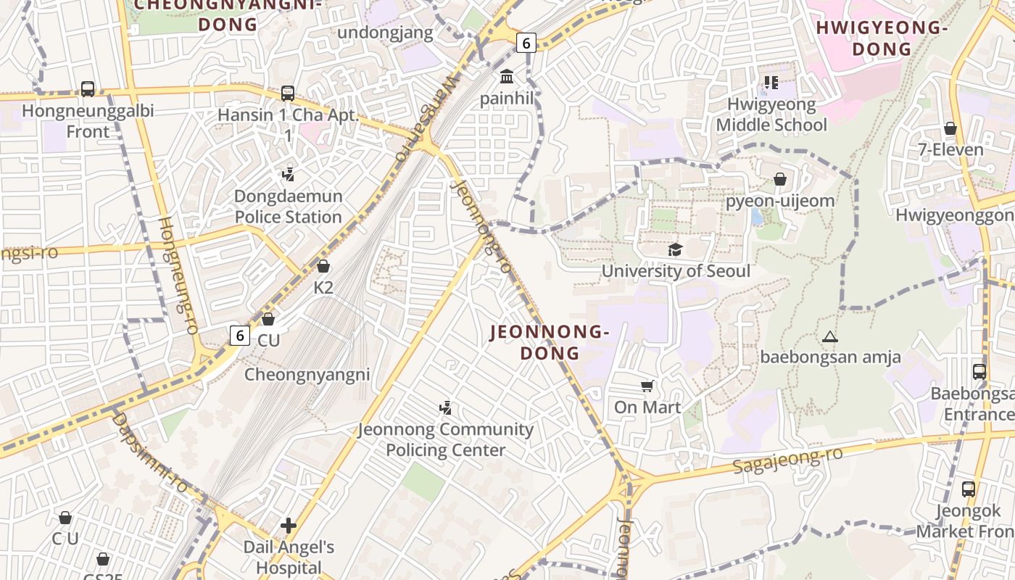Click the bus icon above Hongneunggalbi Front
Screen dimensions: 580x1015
(88, 89)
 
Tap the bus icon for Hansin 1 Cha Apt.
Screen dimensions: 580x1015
(288, 94)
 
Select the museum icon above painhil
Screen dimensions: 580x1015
(507, 76)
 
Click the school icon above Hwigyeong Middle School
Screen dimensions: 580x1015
(771, 83)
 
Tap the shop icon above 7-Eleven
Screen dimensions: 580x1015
(950, 128)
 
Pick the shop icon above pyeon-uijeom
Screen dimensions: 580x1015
(780, 178)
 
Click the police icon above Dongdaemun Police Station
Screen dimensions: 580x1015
(288, 174)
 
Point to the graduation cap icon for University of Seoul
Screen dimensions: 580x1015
(676, 249)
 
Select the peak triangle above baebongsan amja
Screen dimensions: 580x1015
(830, 336)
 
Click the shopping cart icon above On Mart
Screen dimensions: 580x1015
(647, 386)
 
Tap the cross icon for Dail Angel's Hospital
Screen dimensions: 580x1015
(289, 526)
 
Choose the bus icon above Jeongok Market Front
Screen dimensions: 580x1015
(969, 489)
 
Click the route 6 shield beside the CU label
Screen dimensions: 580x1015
(240, 336)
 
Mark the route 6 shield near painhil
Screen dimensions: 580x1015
(526, 43)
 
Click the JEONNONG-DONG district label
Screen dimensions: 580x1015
(550, 342)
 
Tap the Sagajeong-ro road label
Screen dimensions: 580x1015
(788, 460)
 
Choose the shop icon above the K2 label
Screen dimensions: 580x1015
(323, 266)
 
